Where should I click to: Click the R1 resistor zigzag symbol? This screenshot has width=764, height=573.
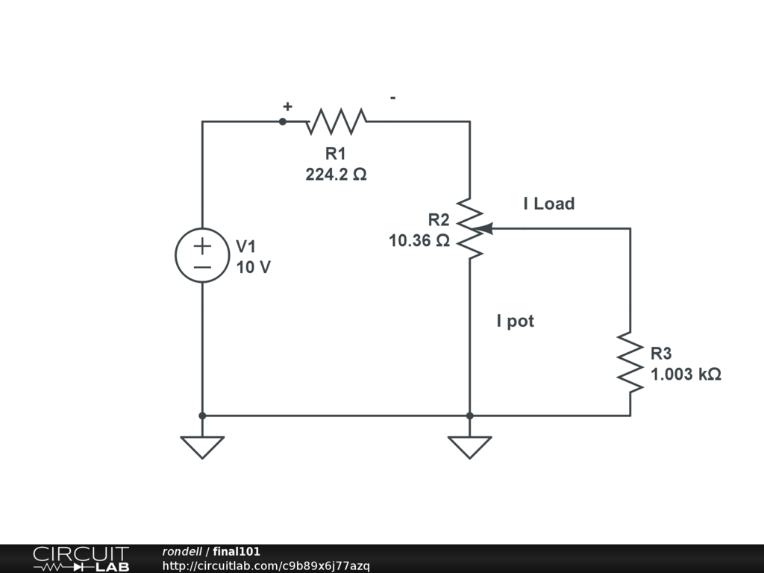(336, 120)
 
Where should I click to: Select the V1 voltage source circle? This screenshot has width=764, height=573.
(202, 255)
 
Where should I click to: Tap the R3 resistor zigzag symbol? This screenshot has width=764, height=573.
(630, 363)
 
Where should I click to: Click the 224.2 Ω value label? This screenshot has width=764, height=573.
(336, 175)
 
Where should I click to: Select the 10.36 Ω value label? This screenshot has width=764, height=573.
(419, 240)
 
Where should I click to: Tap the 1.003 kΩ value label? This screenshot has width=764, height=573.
(686, 375)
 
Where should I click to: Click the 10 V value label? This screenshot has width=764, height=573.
(254, 267)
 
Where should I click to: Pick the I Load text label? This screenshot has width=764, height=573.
(549, 204)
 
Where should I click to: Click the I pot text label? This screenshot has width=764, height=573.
(516, 322)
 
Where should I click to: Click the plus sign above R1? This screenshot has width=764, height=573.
(287, 107)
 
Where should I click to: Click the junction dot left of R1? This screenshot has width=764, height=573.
(283, 121)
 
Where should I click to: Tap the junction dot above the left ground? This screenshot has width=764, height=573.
(202, 415)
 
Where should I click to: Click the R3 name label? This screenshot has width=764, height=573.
(661, 354)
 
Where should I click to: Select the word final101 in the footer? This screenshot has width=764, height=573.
(237, 552)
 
